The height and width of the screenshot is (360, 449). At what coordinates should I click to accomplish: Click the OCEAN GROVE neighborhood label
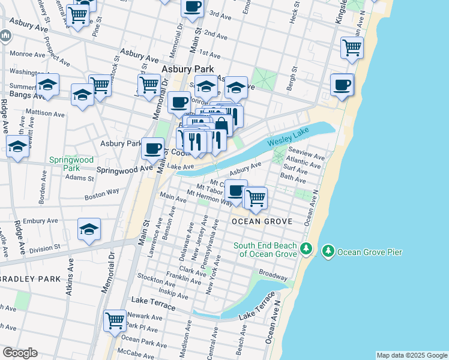[x=262, y=221]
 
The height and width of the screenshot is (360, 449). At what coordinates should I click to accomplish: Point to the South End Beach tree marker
[x=306, y=248]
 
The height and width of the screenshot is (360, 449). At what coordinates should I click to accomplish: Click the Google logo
[x=20, y=353]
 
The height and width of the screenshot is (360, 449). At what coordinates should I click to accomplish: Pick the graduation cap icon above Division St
[x=89, y=229]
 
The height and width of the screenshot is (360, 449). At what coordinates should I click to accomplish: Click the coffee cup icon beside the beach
[x=342, y=85]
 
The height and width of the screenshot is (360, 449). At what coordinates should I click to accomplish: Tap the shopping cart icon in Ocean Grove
[x=256, y=197]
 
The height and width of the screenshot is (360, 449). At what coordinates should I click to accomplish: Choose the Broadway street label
[x=273, y=278]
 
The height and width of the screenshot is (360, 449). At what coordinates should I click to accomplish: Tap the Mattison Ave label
[x=46, y=113]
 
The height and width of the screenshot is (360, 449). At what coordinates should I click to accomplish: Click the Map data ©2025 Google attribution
[x=412, y=355]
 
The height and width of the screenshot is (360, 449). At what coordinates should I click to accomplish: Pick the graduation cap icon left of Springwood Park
[x=17, y=146]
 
